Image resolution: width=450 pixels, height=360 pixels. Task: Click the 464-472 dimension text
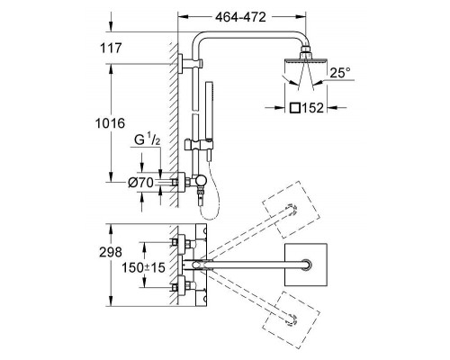click(x=240, y=17)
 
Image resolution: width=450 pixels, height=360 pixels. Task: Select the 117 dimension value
click(x=111, y=48)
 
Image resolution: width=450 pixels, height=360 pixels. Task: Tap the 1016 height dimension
click(x=110, y=123)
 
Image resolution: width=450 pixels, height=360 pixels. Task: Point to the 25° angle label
click(x=340, y=73)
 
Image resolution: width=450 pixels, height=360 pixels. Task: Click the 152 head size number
click(x=312, y=108)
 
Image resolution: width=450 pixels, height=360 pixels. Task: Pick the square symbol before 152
click(x=295, y=108)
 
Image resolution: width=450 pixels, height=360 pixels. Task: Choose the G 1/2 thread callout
click(x=147, y=140)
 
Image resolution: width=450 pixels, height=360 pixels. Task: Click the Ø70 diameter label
click(x=140, y=183)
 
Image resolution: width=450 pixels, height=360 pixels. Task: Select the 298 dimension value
click(x=111, y=253)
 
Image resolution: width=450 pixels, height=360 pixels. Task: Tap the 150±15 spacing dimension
click(x=143, y=267)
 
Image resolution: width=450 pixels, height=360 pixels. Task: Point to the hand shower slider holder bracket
click(x=200, y=145)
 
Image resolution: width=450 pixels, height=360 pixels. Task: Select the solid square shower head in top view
click(x=305, y=265)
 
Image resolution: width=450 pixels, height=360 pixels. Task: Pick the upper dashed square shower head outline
click(x=291, y=210)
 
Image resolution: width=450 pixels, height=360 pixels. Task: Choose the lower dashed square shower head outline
click(x=291, y=319)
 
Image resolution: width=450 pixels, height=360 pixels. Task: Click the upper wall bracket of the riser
click(x=190, y=64)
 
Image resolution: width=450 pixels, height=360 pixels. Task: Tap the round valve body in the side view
click(x=201, y=181)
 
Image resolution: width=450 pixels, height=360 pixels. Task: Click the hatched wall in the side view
click(x=174, y=124)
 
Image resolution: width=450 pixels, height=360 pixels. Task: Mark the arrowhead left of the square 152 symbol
click(x=280, y=107)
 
